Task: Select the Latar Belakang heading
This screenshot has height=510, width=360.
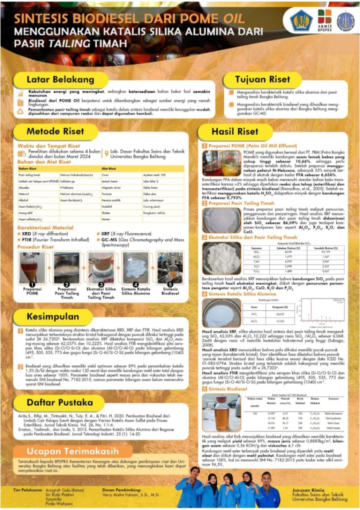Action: (x=61, y=79)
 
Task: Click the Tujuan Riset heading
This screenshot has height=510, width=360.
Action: (x=263, y=79)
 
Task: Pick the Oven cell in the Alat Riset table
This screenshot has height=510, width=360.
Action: (x=105, y=175)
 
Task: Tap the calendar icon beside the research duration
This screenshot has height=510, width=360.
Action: (x=22, y=154)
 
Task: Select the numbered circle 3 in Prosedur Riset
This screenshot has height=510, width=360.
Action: (x=101, y=284)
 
